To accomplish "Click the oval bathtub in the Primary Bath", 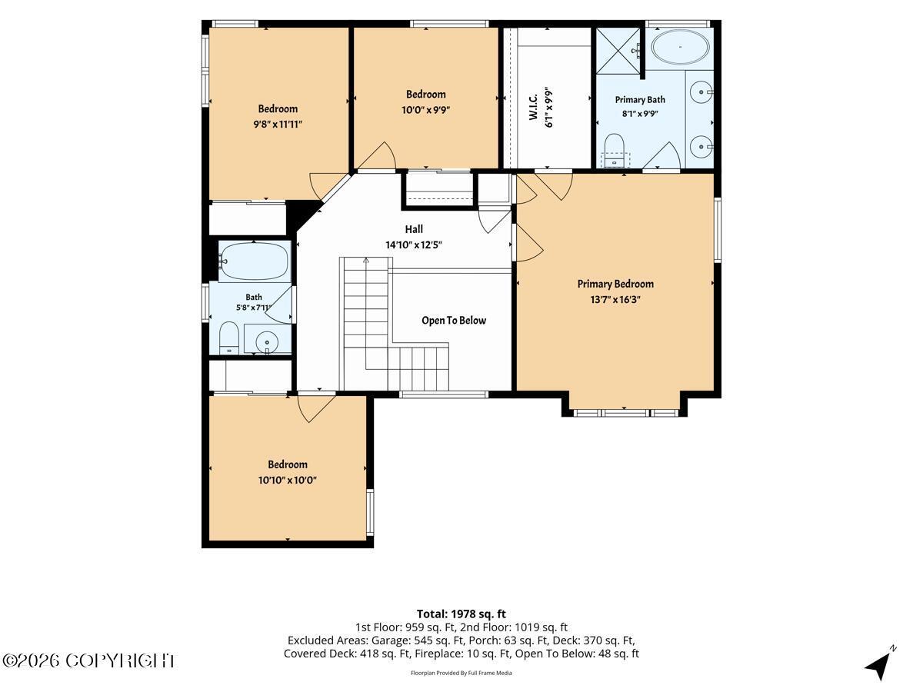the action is point(680,47).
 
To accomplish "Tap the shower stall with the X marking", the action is point(618,51).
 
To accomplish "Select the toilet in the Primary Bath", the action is point(615,151).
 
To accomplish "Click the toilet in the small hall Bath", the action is point(229,338).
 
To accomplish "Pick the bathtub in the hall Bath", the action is point(255,261).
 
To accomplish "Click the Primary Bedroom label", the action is point(615,284).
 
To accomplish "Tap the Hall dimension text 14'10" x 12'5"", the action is point(414,245).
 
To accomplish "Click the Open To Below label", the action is point(454,321).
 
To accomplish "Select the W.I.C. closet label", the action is point(533,107).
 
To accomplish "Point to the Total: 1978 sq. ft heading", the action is point(461,614).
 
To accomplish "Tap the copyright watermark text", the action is point(88,661).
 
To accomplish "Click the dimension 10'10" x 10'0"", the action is point(287,481).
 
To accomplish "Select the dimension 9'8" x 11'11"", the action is point(278,125).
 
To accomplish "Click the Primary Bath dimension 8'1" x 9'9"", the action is point(640,114).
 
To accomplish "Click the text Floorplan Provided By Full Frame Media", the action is point(461,673).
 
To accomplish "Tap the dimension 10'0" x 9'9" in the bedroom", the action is point(425,110).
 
